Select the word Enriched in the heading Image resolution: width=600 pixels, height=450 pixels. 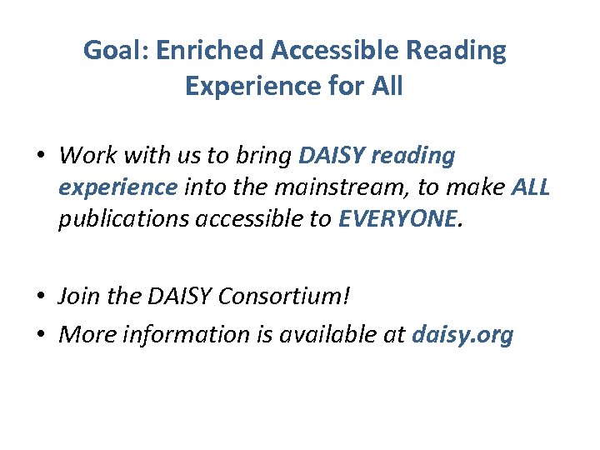211,52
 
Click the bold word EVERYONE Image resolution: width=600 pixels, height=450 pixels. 396,219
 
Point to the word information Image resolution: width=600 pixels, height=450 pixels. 187,335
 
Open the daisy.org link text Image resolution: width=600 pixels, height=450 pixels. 463,335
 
